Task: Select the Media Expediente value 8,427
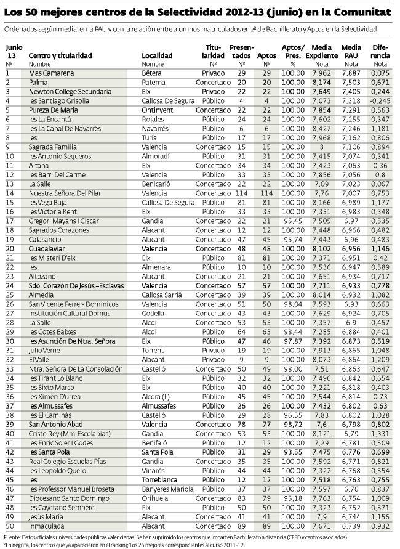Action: pyautogui.click(x=321, y=128)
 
